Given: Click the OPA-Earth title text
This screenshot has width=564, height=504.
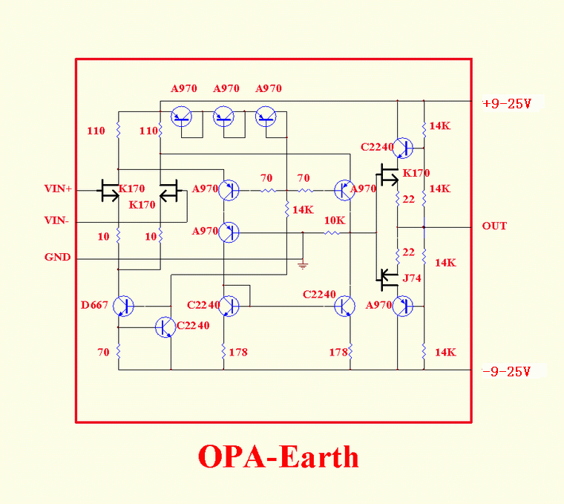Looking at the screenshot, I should (278, 456).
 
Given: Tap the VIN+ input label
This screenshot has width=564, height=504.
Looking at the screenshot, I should (59, 189).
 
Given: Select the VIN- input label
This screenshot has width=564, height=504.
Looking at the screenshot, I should (57, 220).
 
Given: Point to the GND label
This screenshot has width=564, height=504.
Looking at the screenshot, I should (58, 258).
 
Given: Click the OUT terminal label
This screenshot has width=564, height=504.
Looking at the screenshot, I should (494, 226).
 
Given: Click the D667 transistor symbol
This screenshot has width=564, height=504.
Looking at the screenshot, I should (124, 305).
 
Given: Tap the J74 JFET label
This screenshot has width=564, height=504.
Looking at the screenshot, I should (412, 279).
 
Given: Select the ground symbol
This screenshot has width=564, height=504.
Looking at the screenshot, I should (302, 264).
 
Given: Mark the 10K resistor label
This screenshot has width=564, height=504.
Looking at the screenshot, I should (335, 220).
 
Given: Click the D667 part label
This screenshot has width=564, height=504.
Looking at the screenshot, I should (94, 305).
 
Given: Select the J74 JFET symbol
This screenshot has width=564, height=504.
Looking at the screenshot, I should (386, 279).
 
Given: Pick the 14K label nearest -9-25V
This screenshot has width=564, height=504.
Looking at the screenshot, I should (445, 352).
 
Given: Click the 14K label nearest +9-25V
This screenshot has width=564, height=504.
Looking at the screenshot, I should (440, 126).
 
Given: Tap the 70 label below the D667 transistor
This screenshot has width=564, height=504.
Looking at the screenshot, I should (103, 352).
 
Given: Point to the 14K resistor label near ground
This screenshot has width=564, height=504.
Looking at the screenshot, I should (303, 210).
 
